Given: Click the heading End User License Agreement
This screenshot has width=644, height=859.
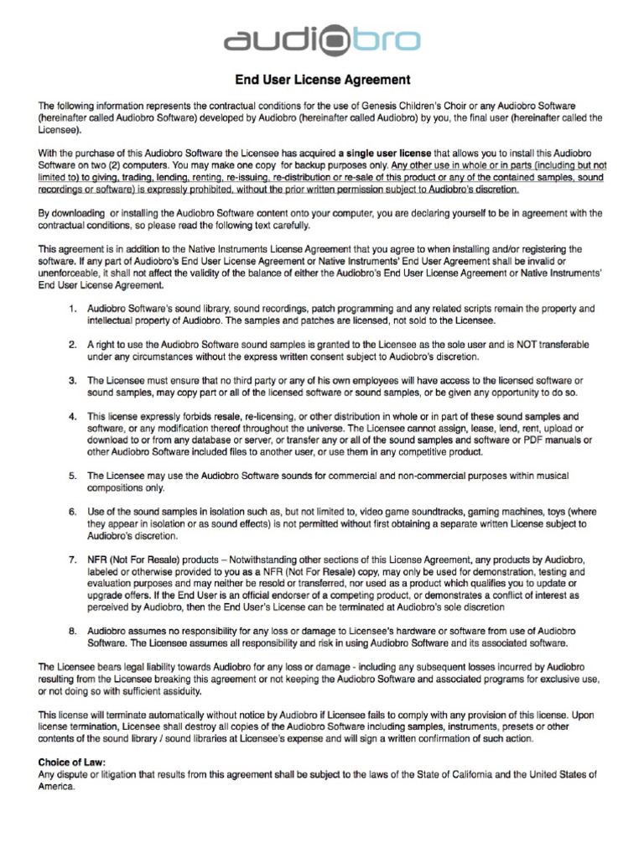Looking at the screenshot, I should [x=322, y=81].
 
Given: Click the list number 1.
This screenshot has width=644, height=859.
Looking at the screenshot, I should [x=73, y=310].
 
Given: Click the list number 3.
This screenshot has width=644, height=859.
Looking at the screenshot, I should [x=73, y=381].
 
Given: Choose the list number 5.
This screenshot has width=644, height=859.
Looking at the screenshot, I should [x=73, y=476].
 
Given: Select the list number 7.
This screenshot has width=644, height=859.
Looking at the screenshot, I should [x=73, y=560].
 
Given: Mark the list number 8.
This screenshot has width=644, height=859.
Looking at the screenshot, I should [x=73, y=631].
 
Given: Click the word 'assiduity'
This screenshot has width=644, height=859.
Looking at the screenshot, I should [x=200, y=690].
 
